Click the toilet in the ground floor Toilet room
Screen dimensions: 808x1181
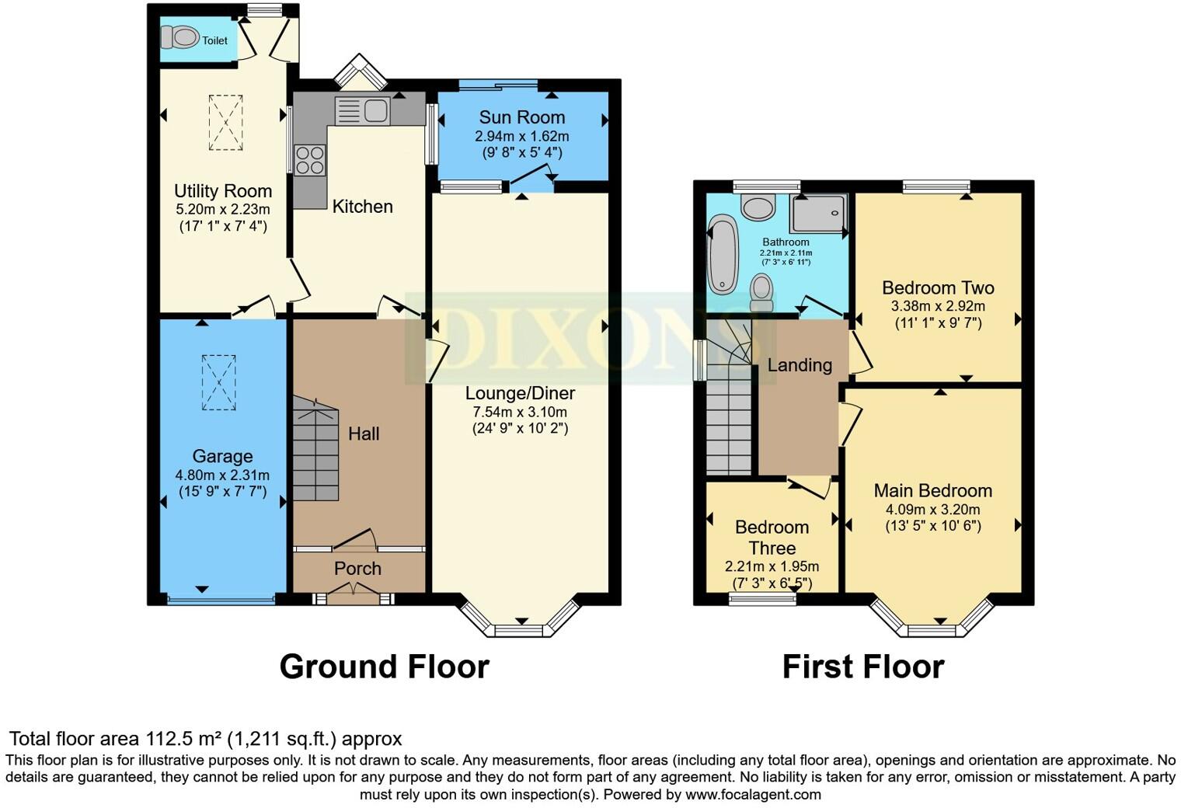point(179,37)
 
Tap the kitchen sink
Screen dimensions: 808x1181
point(375,110)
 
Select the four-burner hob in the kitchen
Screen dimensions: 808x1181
point(309,160)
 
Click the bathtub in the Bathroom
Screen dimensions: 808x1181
point(723,255)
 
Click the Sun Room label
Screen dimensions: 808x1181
point(521,117)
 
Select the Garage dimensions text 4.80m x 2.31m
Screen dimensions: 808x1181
point(222,475)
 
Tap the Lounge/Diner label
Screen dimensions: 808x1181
point(520,393)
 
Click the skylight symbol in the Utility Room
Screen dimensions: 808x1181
point(225,122)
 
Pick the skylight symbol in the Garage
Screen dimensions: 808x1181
point(218,382)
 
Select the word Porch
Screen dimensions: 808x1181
point(357,569)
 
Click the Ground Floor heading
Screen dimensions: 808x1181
point(384,667)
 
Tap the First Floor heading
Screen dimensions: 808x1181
point(862,667)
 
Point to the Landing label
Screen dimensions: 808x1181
point(800,365)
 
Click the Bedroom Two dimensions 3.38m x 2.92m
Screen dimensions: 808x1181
point(938,306)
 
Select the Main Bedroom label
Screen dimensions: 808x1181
point(932,491)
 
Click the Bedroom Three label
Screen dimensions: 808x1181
point(772,538)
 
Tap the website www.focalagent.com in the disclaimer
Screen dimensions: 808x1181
point(753,795)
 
